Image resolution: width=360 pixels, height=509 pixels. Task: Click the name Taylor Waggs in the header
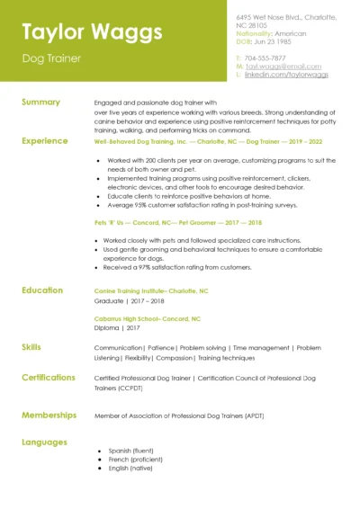[x=92, y=32]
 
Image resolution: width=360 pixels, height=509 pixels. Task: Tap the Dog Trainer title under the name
[x=51, y=58]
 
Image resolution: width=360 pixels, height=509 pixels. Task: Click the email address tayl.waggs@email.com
[x=283, y=66]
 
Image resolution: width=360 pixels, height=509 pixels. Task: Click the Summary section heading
[x=40, y=103]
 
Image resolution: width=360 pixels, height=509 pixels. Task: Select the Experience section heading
[x=44, y=141]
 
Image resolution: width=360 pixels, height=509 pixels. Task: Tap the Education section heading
[x=42, y=290]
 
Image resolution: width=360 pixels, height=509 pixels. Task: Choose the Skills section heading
[x=31, y=347]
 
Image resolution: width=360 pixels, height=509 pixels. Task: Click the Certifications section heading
[x=49, y=378]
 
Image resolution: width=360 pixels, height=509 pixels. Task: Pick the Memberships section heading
[x=47, y=415]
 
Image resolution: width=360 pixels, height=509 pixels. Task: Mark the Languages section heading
[x=44, y=442]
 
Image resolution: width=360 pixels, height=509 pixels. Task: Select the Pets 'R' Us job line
[x=178, y=223]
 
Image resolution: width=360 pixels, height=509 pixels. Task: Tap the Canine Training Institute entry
[x=151, y=291]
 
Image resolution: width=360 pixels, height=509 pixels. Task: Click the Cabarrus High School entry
[x=148, y=319]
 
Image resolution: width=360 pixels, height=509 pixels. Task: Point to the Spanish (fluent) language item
[x=131, y=451]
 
